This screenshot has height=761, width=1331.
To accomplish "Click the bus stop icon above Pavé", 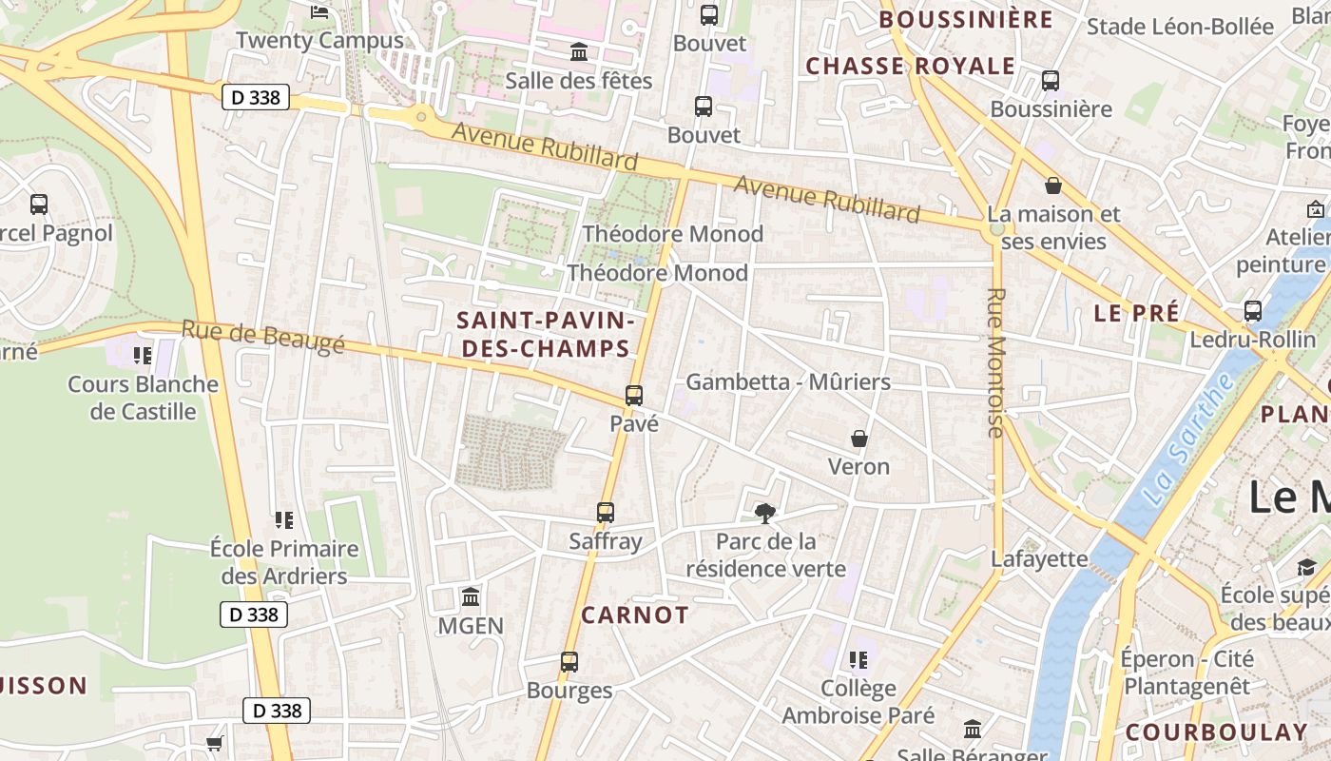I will (634, 395).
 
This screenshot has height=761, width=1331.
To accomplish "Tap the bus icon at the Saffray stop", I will (606, 513).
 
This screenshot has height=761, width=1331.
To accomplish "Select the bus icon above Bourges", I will (569, 661).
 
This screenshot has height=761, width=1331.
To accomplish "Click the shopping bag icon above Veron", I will (859, 439).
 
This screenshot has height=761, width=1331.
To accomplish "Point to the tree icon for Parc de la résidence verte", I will (765, 514).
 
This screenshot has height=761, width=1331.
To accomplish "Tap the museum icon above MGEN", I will (471, 597).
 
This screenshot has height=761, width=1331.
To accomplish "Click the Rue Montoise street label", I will (996, 362).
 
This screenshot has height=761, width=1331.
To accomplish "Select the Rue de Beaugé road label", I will (262, 337).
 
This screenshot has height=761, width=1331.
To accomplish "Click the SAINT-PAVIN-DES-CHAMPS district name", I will (544, 334).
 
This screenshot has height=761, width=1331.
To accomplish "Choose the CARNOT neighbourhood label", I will (635, 615).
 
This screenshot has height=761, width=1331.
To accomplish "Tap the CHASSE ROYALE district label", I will (911, 66).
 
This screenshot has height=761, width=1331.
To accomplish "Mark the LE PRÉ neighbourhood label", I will (1136, 313).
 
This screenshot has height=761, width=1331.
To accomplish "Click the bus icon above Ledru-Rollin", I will (1253, 311).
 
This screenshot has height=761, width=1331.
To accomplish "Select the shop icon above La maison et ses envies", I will (1053, 185).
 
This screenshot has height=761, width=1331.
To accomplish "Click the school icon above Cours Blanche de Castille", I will (143, 356).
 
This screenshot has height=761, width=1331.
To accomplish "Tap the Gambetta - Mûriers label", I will (788, 382).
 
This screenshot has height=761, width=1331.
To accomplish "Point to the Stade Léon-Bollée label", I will (1180, 27).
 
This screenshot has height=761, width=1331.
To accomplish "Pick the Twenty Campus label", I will (319, 41).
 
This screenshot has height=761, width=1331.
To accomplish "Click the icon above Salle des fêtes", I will (579, 51).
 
